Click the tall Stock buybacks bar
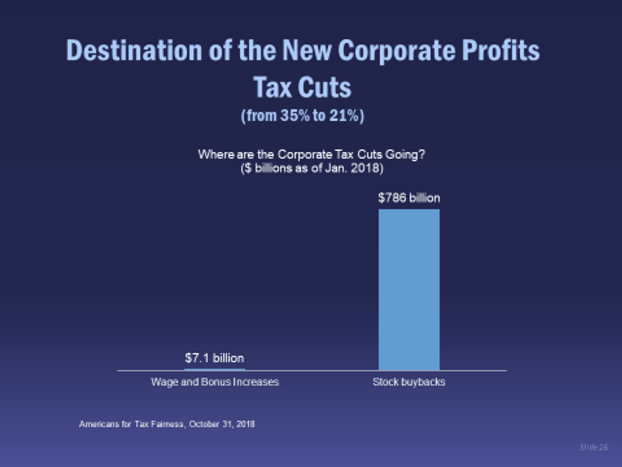click(409, 289)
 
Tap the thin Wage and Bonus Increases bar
click(215, 369)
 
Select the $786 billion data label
click(409, 198)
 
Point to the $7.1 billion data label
click(215, 358)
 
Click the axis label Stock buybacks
click(409, 382)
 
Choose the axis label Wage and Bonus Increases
click(215, 382)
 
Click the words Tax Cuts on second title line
click(302, 87)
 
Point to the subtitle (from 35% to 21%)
click(302, 117)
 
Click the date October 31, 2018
click(222, 424)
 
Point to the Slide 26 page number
click(593, 448)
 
